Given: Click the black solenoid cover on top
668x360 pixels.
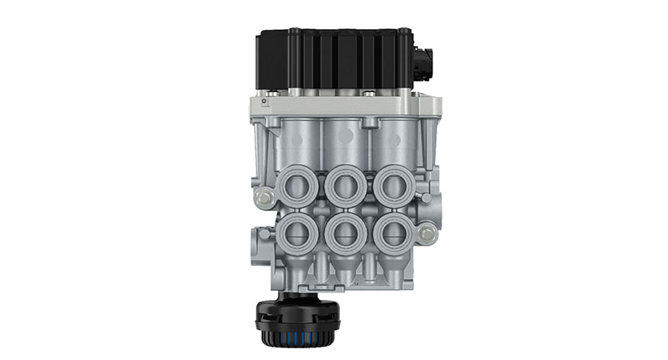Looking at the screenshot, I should click(x=334, y=60).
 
